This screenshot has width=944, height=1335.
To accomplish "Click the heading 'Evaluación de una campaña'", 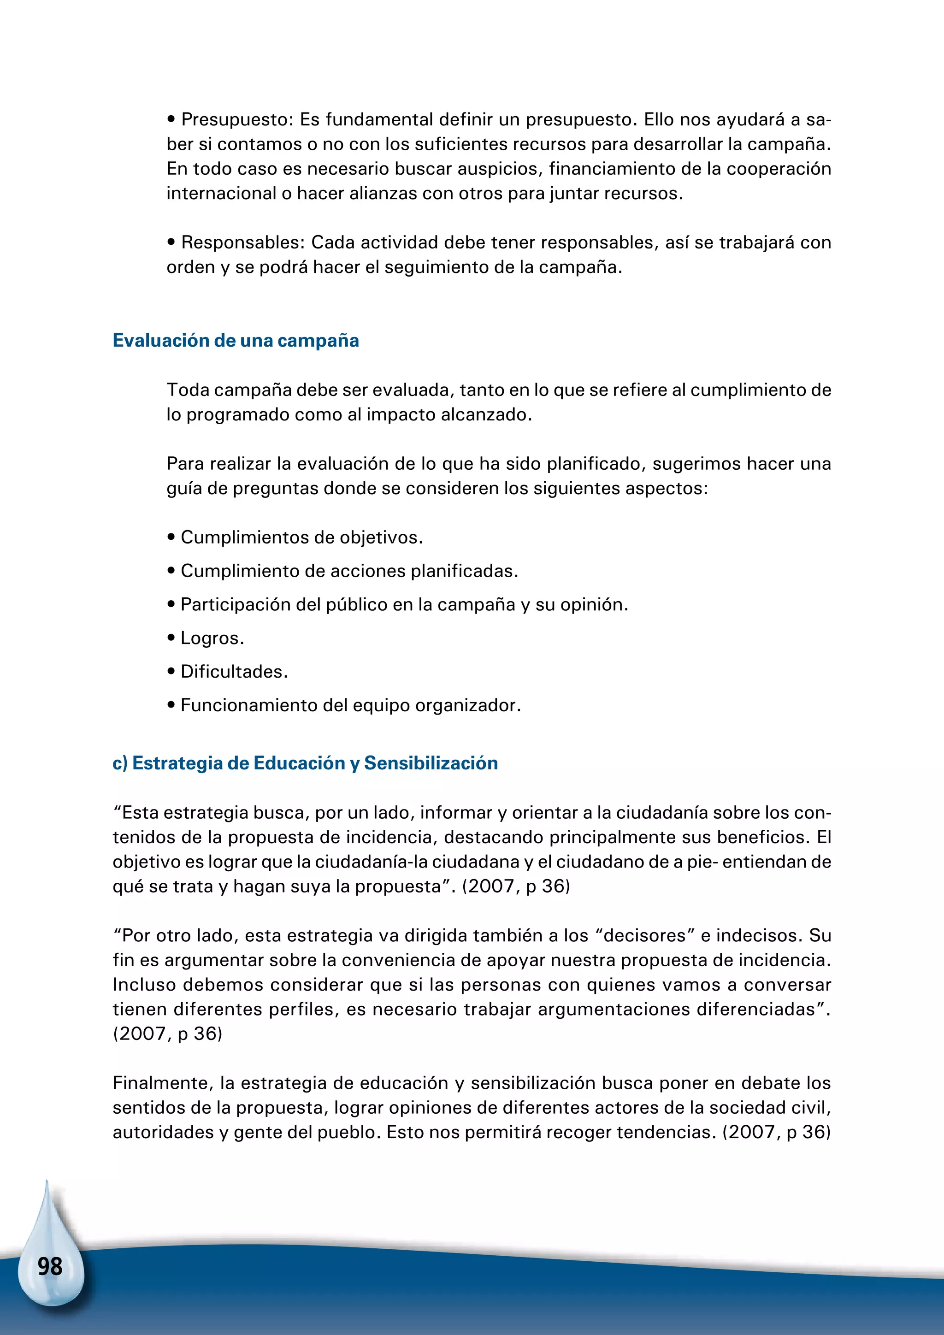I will (x=236, y=340).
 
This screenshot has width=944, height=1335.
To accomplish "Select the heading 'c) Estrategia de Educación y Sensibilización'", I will (x=305, y=763).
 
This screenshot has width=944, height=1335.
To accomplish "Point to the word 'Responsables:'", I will (x=243, y=242).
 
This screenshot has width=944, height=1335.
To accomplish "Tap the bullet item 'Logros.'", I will (x=212, y=638).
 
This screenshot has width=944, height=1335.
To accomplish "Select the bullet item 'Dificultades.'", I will (x=234, y=672).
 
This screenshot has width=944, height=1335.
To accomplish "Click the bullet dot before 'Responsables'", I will (x=171, y=242).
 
